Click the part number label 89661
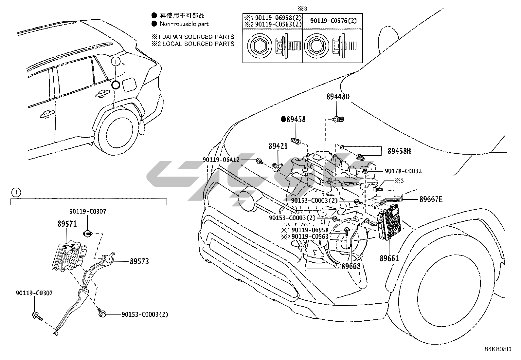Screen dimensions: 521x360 coord(389,258)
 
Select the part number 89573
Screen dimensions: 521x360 coord(139,261)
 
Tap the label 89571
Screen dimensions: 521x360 coord(67,224)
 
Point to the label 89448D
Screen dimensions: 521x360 coord(338,97)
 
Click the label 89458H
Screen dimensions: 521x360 coord(399,151)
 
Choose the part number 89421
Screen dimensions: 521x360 coord(278,146)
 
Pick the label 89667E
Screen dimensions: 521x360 coord(431,199)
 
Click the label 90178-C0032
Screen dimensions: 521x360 coord(403,171)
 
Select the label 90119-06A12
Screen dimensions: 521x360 coord(221,160)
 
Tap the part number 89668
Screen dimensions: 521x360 coord(351,266)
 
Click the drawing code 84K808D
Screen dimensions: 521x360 coord(498,349)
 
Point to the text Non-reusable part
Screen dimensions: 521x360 coord(184,24)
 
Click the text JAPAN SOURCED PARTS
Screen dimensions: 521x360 coord(198,37)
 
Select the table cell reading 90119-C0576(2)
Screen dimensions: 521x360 coord(333,21)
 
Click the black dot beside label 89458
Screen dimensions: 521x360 coord(283,120)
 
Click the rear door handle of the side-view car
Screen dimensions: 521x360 coord(102,93)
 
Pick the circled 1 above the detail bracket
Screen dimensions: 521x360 coord(16,193)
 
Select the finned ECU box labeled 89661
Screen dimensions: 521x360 coord(389,222)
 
